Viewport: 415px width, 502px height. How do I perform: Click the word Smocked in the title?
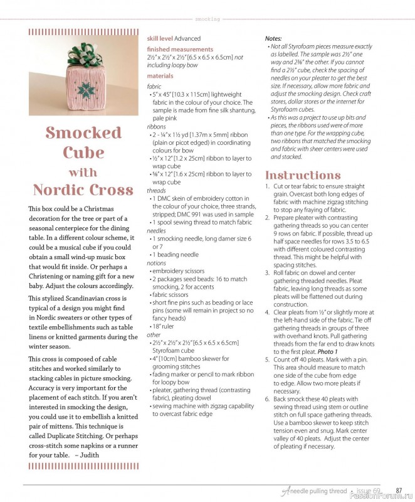83,133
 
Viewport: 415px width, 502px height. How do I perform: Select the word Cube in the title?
83,152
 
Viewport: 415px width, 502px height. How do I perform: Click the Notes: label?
273,39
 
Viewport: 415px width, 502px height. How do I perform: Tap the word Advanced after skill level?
187,39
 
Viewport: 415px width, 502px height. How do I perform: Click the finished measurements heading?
180,49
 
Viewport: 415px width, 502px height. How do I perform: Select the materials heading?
160,76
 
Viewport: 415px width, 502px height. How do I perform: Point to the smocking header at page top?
208,19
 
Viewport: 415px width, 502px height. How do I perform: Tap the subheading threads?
156,190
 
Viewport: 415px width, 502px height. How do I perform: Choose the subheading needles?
156,230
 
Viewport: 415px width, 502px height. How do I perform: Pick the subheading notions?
156,263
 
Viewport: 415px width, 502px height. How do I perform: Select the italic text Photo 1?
327,351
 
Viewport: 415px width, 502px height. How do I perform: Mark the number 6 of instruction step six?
267,398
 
